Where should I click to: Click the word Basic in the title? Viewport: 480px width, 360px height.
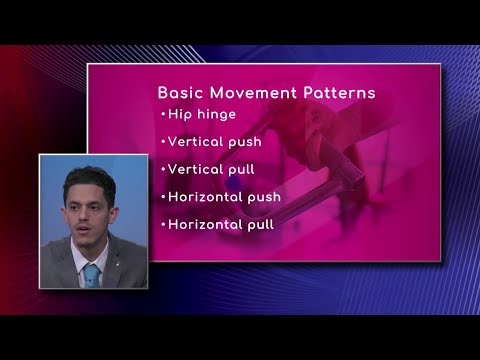tap(180, 93)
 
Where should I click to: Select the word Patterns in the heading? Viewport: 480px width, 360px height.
tap(338, 93)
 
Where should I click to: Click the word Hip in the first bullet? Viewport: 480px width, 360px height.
tap(180, 114)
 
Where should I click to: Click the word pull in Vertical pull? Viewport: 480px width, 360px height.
tap(250, 169)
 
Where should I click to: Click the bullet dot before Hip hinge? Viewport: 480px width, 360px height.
tap(162, 114)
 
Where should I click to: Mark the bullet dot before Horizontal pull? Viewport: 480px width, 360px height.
tap(162, 224)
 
